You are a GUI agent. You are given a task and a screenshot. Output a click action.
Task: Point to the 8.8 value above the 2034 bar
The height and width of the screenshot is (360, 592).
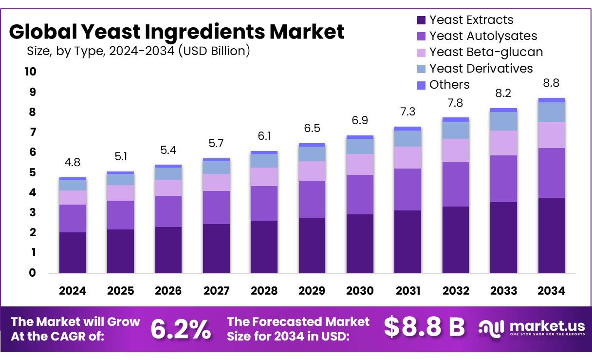[551, 83]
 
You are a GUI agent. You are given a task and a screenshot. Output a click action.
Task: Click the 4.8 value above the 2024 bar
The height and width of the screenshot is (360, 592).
[73, 162]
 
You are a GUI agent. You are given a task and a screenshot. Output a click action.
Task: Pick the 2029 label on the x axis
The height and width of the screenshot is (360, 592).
[312, 291]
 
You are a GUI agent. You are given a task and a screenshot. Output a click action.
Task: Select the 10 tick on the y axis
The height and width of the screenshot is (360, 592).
[30, 72]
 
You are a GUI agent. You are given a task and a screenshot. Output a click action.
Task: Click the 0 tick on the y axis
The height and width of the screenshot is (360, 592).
[33, 273]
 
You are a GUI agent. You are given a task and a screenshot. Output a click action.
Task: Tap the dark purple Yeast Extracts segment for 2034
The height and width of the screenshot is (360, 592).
[551, 235]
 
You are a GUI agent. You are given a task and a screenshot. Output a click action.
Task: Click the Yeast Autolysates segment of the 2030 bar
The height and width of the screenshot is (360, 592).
[360, 194]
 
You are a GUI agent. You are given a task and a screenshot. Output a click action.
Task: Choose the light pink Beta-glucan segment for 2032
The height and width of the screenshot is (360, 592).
[456, 151]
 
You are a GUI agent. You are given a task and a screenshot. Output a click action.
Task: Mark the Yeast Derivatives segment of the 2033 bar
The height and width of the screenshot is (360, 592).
[503, 121]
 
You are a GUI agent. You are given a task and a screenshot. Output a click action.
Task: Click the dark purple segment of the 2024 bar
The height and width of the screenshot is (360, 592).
[73, 252]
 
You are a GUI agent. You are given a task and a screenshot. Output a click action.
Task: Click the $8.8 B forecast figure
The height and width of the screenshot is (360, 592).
[425, 327]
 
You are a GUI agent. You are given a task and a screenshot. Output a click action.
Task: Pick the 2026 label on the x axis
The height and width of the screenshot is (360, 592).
[168, 291]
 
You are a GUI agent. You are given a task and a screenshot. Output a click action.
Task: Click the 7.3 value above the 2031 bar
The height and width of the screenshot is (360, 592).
[407, 112]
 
